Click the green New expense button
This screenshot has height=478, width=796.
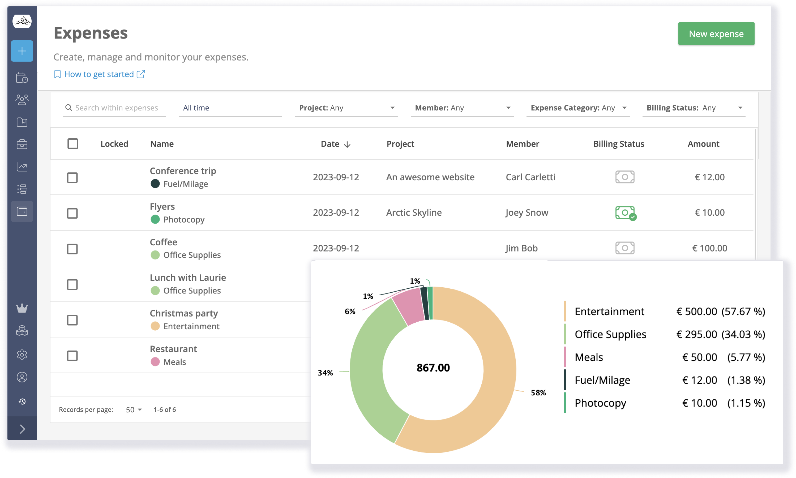[716, 34]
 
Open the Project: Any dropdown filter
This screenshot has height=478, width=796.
[346, 108]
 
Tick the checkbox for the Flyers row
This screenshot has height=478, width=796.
[72, 213]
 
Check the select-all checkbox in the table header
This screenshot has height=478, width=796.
[73, 144]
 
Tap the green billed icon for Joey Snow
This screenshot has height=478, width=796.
[625, 213]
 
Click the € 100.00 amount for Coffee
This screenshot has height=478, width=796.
[709, 248]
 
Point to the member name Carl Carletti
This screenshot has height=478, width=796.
[530, 177]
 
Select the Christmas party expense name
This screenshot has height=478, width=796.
[183, 313]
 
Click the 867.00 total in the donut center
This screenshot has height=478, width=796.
[433, 368]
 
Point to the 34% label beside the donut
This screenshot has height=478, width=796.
[325, 373]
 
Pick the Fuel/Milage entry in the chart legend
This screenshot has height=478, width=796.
[602, 380]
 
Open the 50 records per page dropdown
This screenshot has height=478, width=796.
[134, 410]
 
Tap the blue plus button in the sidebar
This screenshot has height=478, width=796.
[22, 51]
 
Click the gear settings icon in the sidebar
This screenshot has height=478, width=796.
[22, 355]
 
